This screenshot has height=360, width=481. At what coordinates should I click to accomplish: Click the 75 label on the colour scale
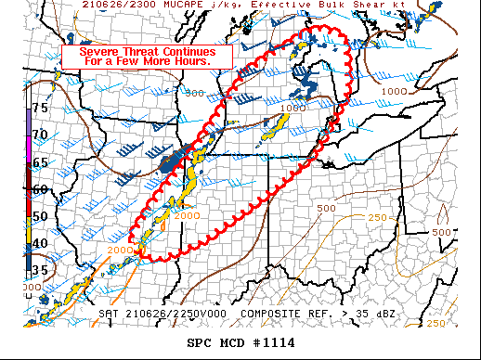(40, 108)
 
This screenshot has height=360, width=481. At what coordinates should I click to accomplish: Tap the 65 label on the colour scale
(40, 162)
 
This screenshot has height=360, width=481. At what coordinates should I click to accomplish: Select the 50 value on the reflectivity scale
(40, 216)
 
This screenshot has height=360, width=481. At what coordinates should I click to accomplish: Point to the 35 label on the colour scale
(40, 270)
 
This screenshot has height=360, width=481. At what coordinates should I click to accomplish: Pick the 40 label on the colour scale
(40, 243)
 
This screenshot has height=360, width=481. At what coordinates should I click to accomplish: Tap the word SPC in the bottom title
(201, 343)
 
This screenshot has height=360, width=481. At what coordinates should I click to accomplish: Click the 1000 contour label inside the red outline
(292, 109)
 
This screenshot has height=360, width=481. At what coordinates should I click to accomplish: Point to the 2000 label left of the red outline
(119, 251)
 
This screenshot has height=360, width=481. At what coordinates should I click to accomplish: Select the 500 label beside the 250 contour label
(326, 208)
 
